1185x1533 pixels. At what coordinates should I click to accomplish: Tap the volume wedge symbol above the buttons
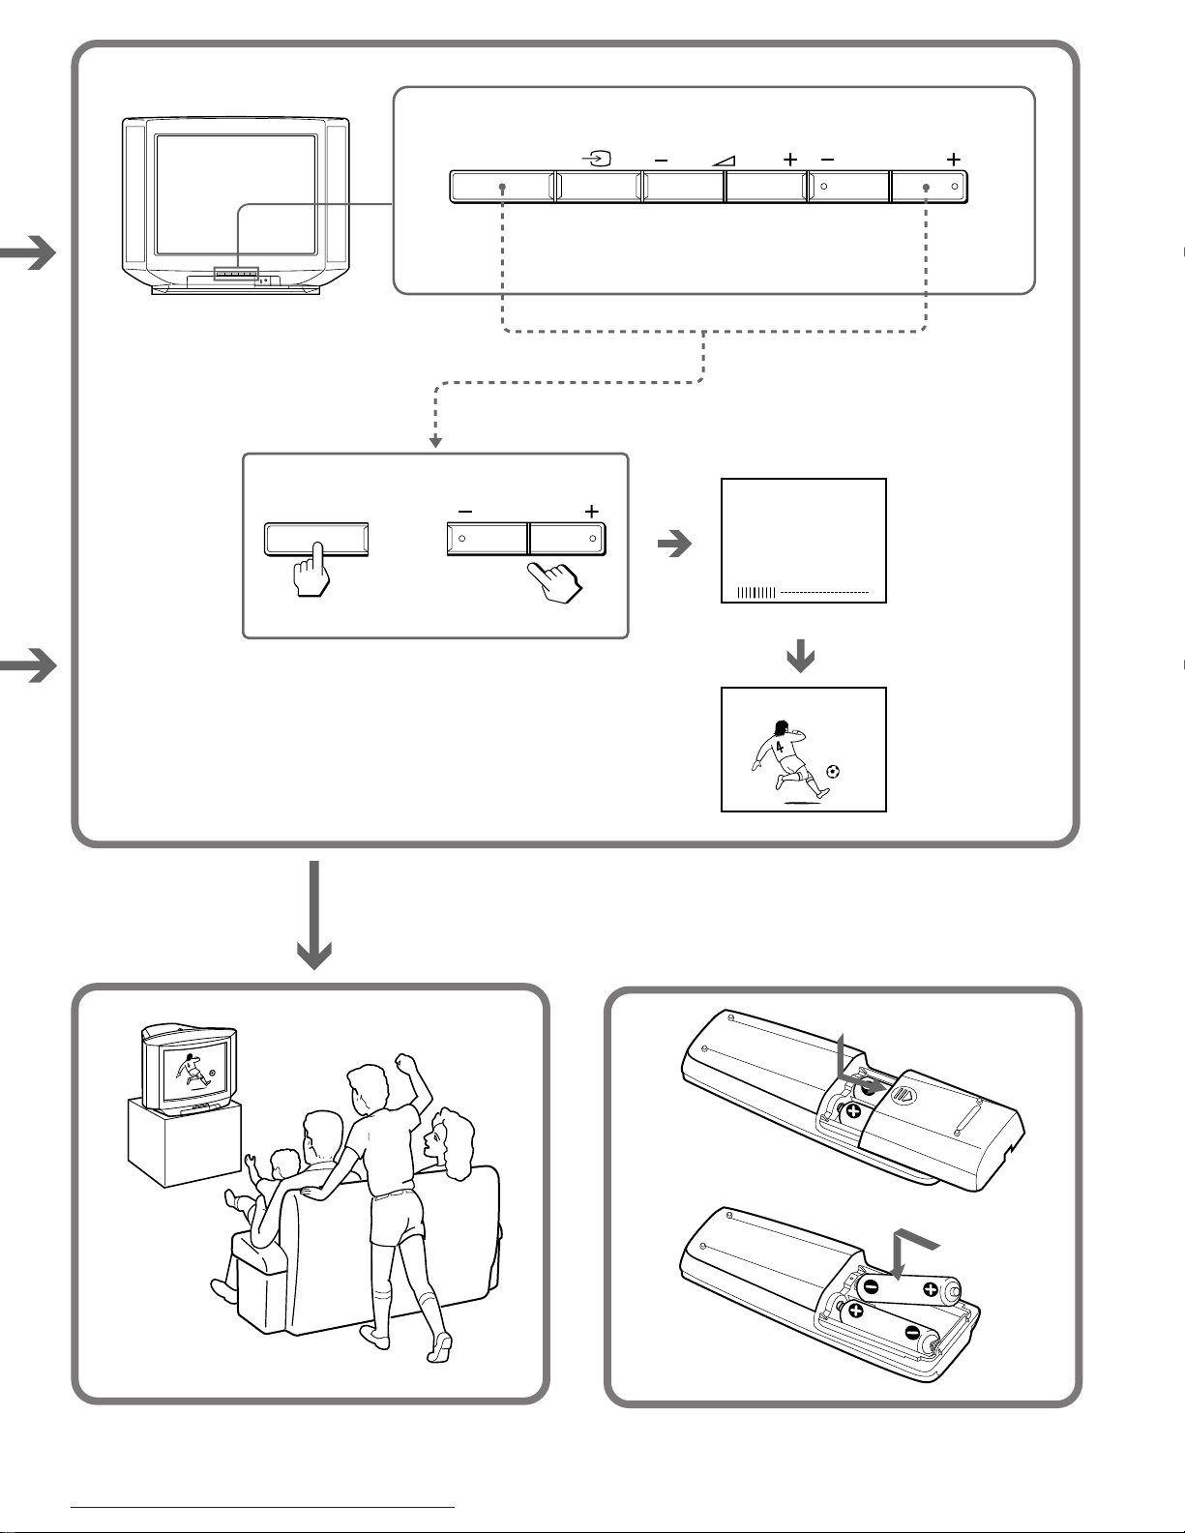723,160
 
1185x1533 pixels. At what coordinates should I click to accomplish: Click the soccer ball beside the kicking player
833,771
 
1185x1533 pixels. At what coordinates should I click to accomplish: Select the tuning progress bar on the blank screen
756,592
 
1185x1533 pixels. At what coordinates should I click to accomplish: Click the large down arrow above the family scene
314,915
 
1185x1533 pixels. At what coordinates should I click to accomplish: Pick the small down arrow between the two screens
801,660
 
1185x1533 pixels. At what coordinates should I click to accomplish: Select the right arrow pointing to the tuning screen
674,545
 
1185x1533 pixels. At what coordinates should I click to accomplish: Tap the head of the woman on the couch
447,1136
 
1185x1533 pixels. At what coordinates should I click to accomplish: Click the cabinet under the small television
184,1146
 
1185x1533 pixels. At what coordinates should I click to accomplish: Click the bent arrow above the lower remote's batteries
910,1248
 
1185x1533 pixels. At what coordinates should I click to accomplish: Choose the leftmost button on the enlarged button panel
502,187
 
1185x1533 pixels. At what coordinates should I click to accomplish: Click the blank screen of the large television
236,193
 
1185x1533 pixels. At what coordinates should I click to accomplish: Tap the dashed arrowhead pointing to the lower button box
436,442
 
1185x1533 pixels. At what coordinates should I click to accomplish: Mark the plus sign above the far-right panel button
954,159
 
